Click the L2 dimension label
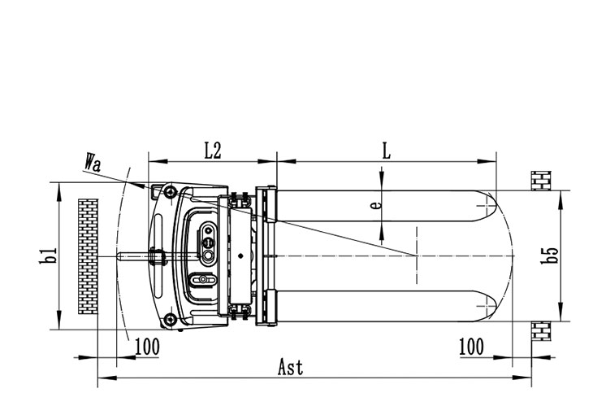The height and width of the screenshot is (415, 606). pyautogui.click(x=213, y=150)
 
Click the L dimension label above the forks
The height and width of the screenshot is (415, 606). pyautogui.click(x=386, y=150)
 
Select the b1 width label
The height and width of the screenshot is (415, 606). pyautogui.click(x=50, y=256)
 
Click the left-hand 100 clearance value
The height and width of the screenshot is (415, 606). pyautogui.click(x=146, y=347)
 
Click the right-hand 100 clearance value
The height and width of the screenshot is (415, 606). pyautogui.click(x=471, y=347)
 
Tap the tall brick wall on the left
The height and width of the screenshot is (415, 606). pyautogui.click(x=87, y=257)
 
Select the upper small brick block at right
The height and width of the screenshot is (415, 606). pyautogui.click(x=541, y=181)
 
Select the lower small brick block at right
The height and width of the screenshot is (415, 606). pyautogui.click(x=541, y=333)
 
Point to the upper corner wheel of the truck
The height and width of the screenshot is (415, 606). pyautogui.click(x=169, y=192)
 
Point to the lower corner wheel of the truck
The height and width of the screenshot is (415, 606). pyautogui.click(x=169, y=319)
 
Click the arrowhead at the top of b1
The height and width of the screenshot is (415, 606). pyautogui.click(x=59, y=189)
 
